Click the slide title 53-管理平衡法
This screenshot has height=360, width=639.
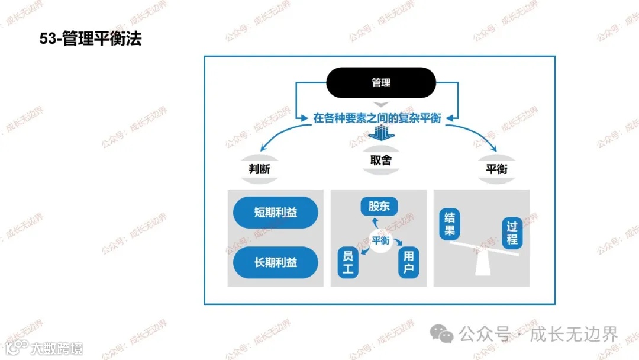coord(91,40)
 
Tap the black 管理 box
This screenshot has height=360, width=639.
coord(381,83)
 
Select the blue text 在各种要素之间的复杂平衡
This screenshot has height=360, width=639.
coord(377,118)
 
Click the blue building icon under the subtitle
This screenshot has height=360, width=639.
coord(381,133)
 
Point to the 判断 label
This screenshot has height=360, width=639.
coord(259,169)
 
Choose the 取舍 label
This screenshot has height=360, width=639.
coord(381,160)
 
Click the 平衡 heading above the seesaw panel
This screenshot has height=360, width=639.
coord(496,169)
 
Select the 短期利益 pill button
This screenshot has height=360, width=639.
coord(276,213)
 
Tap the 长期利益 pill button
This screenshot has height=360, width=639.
coord(276,262)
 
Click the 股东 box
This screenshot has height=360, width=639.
coord(379,206)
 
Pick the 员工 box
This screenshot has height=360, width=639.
coord(348,263)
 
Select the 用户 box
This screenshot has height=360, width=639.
coord(408,263)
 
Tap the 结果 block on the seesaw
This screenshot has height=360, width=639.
coord(450,224)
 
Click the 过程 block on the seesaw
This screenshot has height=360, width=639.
coord(512,233)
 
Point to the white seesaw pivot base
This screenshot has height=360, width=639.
coord(484,263)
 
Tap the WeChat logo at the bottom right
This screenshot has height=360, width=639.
coord(442,335)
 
